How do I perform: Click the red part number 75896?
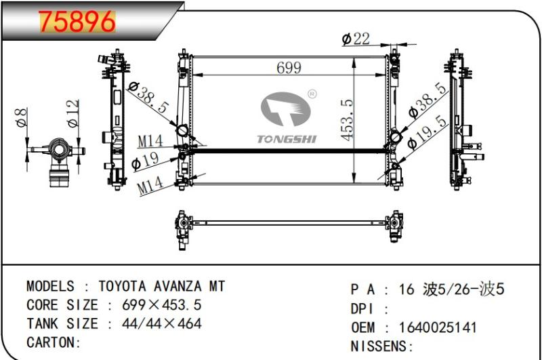tap(77, 22)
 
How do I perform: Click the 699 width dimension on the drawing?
tap(289, 67)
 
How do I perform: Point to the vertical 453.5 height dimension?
tap(347, 119)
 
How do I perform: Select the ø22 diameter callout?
tap(356, 39)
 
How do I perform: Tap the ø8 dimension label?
tap(22, 117)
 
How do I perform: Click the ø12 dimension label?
tap(74, 113)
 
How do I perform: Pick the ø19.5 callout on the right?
tap(428, 132)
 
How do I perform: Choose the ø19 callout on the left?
tap(145, 161)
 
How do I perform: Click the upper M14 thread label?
tap(150, 141)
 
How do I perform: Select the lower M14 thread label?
tap(150, 185)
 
